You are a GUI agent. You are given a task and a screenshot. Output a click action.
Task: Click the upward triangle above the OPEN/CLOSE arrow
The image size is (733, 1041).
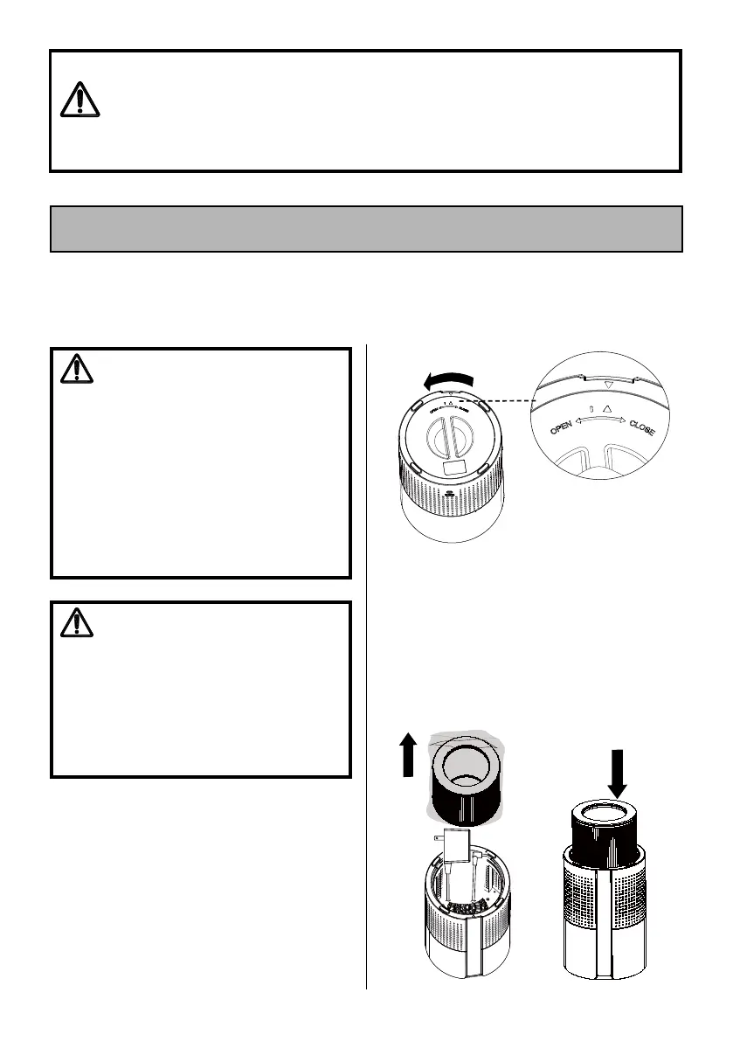pos(607,408)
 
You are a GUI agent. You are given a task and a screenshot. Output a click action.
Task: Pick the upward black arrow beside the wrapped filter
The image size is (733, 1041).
pos(406,755)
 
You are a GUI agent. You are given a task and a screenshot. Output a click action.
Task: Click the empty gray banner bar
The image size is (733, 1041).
pos(366,229)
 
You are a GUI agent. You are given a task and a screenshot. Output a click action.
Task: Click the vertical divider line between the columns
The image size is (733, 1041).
pos(366,664)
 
